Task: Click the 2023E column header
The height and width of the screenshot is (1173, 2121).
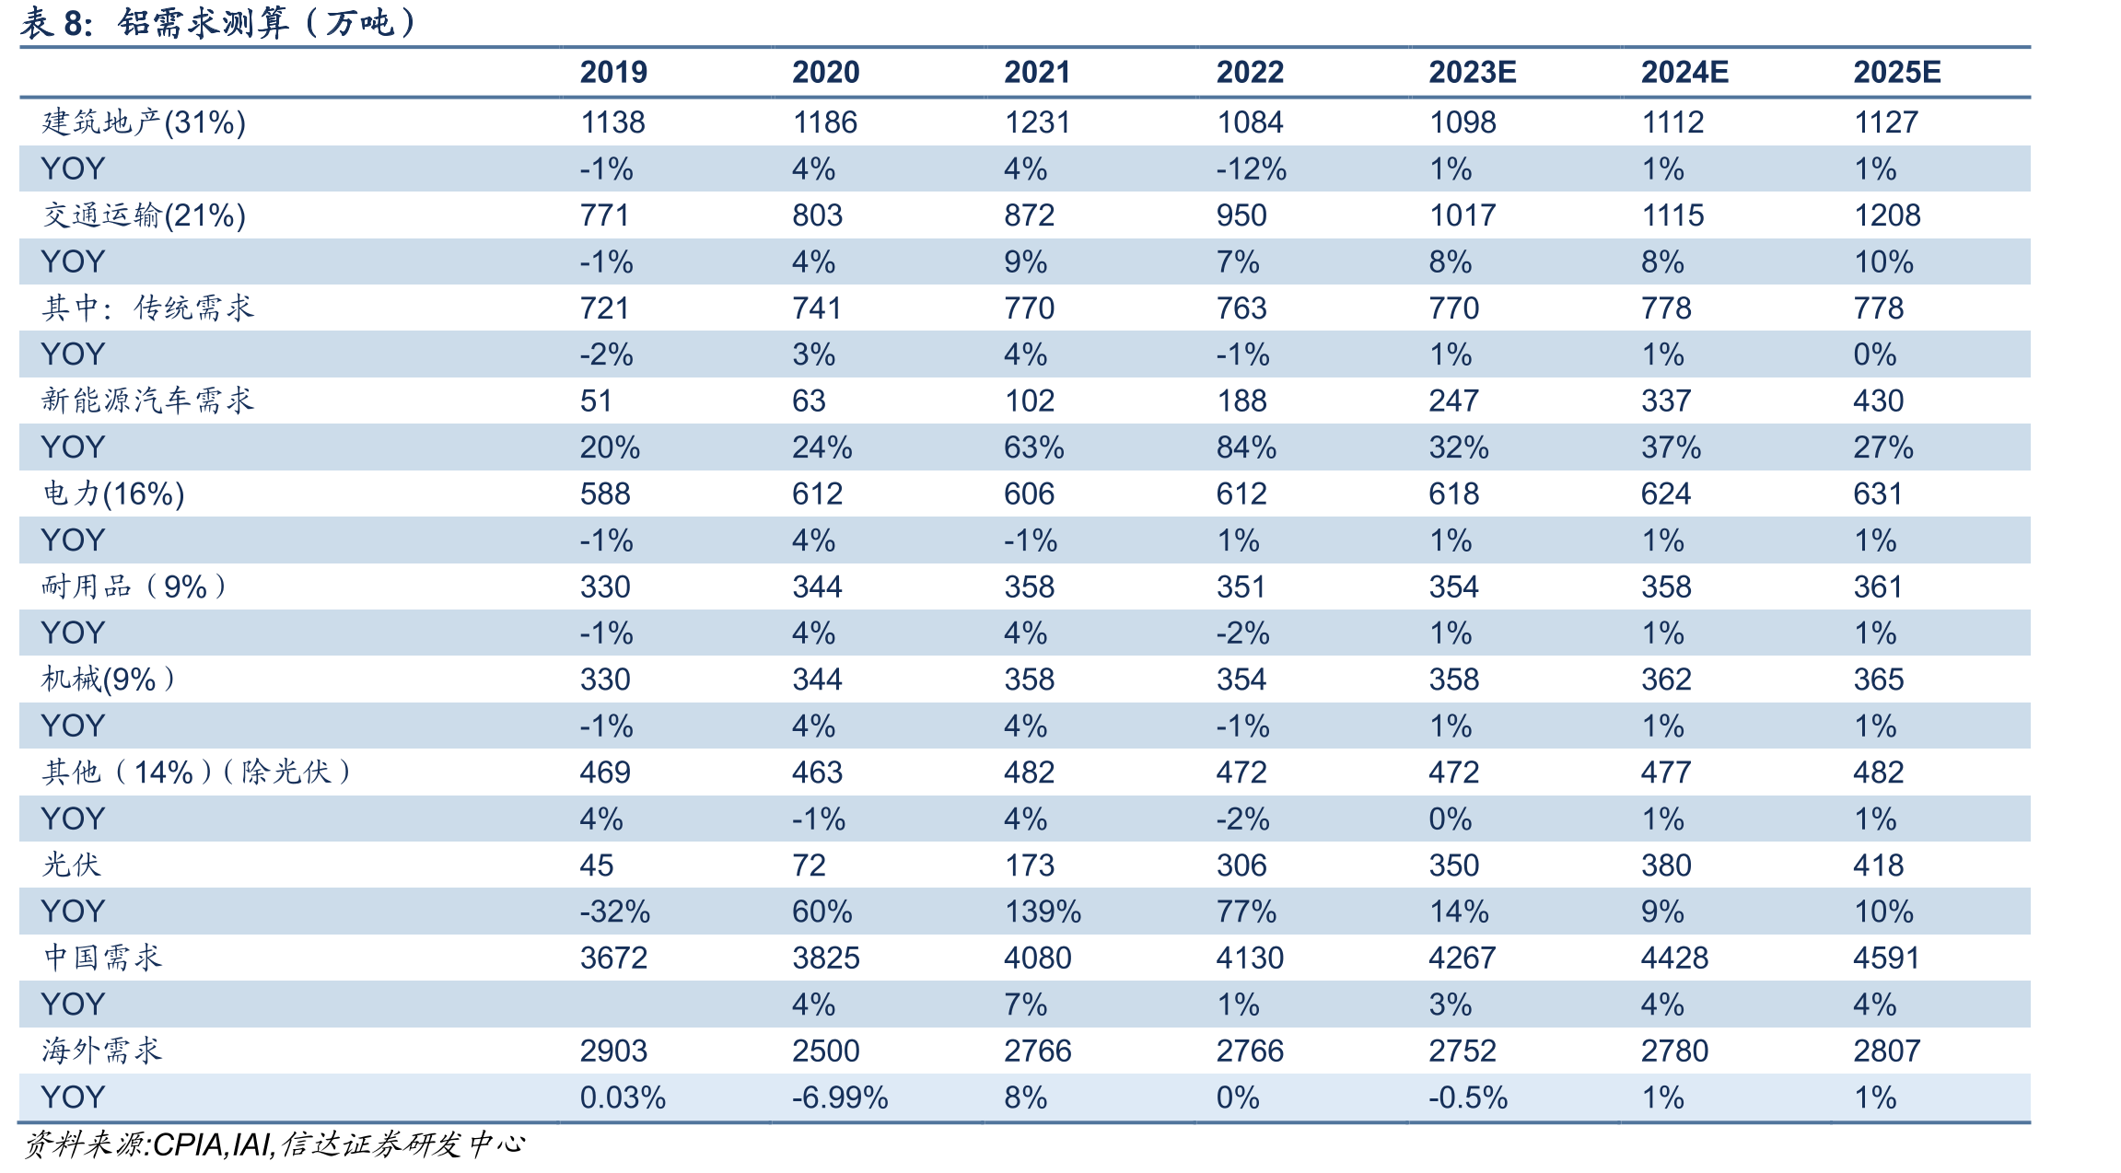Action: click(x=1472, y=72)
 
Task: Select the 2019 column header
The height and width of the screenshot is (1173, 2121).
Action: click(x=613, y=72)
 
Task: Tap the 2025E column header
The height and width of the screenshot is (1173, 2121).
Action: click(x=1896, y=72)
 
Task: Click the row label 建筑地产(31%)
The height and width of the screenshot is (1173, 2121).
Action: click(x=144, y=122)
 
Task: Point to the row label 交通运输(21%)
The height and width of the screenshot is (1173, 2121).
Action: click(x=144, y=215)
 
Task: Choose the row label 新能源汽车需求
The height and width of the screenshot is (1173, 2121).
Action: click(x=147, y=401)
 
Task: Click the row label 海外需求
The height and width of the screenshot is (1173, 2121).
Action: click(x=101, y=1051)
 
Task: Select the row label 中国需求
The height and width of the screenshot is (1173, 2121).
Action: click(x=101, y=958)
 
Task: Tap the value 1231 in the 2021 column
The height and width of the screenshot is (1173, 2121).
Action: click(x=1037, y=122)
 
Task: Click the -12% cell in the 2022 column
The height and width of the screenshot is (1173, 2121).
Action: click(x=1251, y=169)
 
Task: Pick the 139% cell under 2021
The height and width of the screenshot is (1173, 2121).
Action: click(x=1043, y=912)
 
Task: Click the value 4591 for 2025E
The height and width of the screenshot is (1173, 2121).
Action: click(x=1886, y=958)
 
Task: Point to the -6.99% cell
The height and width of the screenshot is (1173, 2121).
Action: click(x=840, y=1098)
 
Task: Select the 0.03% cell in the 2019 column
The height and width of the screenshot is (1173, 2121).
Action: click(x=623, y=1098)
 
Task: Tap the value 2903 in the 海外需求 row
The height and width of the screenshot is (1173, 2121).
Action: click(x=613, y=1051)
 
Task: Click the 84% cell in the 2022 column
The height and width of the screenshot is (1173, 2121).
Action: click(x=1246, y=447)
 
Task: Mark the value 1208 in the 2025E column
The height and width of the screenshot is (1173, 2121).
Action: click(x=1886, y=215)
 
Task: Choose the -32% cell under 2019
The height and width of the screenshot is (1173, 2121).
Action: click(x=614, y=912)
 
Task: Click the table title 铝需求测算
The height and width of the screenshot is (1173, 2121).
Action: click(x=204, y=22)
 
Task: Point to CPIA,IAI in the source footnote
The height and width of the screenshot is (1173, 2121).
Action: click(x=213, y=1144)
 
